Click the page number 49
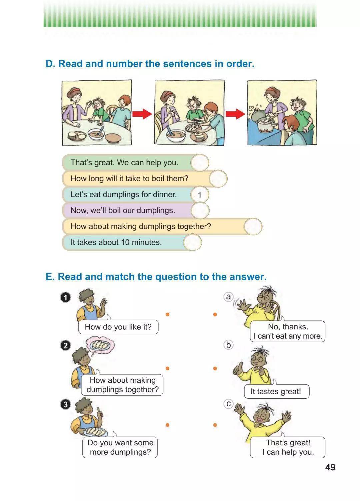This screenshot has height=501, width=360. (330, 467)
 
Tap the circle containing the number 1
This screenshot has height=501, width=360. (200, 195)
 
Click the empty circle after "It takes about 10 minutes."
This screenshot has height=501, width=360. (192, 242)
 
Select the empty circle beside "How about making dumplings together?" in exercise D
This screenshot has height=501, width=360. (253, 227)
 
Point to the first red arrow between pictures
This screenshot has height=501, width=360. (142, 114)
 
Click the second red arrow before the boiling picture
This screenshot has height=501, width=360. (235, 114)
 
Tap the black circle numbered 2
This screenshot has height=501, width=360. (65, 346)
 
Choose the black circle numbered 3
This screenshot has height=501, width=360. (65, 404)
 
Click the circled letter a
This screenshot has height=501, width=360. (228, 297)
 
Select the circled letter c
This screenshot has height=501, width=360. (228, 404)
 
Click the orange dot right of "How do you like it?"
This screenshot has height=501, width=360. (167, 314)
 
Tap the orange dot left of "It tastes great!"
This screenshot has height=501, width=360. (215, 368)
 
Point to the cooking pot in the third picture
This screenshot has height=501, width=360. (265, 126)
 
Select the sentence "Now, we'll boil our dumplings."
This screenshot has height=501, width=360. (123, 211)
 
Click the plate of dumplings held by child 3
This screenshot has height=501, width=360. (96, 432)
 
